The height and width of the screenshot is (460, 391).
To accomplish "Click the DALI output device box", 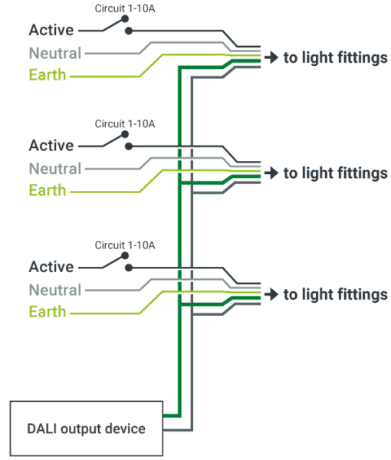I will click(x=87, y=428).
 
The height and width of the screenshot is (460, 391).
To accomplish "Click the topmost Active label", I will click(x=51, y=31).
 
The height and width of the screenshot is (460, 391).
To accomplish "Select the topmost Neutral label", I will click(x=55, y=54).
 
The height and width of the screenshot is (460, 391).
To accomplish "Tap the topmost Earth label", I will click(x=48, y=76).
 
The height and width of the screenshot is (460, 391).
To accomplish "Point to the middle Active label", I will click(x=51, y=146).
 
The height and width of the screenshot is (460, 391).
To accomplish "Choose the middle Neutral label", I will click(x=55, y=169).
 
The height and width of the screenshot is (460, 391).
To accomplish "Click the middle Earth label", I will click(x=48, y=190).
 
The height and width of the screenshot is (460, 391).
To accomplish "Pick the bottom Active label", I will click(x=51, y=268).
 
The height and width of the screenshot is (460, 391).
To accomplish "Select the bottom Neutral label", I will click(x=55, y=291).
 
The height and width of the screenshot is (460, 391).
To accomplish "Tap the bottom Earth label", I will click(x=48, y=312).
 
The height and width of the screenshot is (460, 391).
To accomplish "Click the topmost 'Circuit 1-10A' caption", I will click(x=125, y=9).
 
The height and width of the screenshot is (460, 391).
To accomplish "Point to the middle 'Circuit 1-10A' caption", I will click(x=125, y=123).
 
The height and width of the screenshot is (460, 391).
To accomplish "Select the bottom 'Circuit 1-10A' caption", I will click(x=125, y=245).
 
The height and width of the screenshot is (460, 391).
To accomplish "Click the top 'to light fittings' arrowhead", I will click(x=271, y=58).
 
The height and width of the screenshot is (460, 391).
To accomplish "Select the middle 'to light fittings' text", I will click(x=335, y=173).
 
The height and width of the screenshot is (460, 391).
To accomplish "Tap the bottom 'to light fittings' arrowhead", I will click(x=271, y=294).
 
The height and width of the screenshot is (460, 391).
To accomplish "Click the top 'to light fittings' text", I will click(x=335, y=58).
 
